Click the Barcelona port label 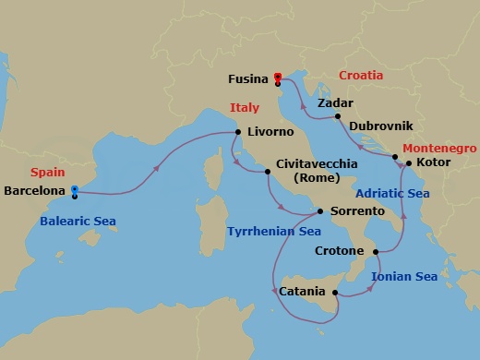coord(35,192)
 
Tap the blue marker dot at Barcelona coord(75,190)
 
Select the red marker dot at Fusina coord(278,77)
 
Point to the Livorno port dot coord(238,132)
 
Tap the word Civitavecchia coord(318,165)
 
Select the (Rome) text coord(317,179)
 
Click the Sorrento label coord(356,211)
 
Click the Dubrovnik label coord(380,125)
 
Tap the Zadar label coord(334,103)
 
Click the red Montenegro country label coord(440,148)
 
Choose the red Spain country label coord(47,173)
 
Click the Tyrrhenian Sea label coord(274,231)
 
